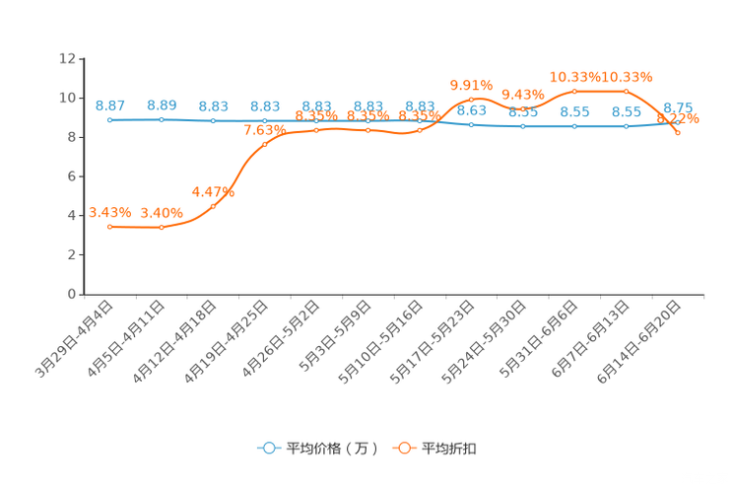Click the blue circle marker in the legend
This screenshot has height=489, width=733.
point(268,448)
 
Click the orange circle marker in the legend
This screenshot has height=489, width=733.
point(404,448)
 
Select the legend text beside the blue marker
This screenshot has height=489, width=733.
point(331,449)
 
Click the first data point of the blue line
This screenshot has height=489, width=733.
point(109,119)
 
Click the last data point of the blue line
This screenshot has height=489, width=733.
point(678,122)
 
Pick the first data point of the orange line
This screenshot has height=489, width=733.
point(110,227)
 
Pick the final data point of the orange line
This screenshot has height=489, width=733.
point(678,133)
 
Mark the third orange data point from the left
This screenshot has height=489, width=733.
point(214,206)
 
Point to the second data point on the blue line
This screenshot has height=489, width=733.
point(162,119)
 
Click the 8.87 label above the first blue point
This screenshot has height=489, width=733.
point(109,105)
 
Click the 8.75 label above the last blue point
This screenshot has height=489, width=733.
point(678,107)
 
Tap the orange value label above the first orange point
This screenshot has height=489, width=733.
point(108,212)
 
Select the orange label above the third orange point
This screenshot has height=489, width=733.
point(214,191)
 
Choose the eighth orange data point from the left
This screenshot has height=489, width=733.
point(472,99)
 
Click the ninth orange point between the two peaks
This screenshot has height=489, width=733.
point(523,108)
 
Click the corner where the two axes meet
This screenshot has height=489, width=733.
point(83,294)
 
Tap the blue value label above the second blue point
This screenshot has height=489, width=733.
point(162,105)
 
